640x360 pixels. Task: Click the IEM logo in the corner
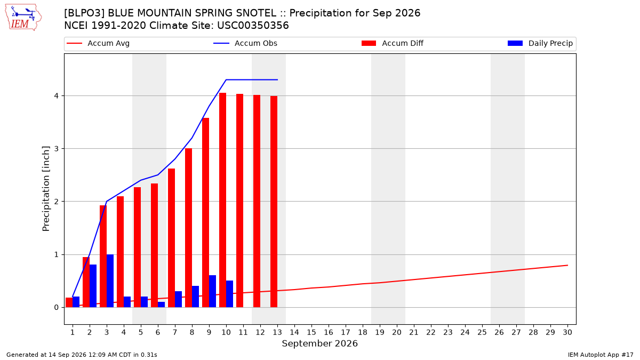pos(23,18)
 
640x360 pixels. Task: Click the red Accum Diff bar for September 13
pos(274,202)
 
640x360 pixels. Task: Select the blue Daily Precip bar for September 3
pos(110,281)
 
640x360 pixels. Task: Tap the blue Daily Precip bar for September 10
pos(229,294)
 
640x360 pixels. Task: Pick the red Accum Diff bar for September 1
pos(69,302)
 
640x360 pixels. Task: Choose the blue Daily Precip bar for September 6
pos(161,305)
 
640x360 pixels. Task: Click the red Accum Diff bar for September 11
pos(239,201)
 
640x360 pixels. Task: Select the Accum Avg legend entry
pos(98,43)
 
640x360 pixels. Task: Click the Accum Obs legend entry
pos(245,43)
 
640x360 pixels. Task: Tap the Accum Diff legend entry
pos(393,43)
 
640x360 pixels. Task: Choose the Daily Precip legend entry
pos(540,43)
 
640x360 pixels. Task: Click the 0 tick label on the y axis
pos(57,307)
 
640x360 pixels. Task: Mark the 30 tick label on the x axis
pos(567,332)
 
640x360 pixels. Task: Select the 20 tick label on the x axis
pos(397,332)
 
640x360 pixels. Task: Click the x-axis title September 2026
pos(319,343)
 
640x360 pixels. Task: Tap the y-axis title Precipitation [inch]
pos(46,189)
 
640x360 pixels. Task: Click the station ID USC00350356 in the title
pos(253,26)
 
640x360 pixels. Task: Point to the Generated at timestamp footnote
pos(82,355)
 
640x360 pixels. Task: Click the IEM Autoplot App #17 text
pos(601,355)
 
